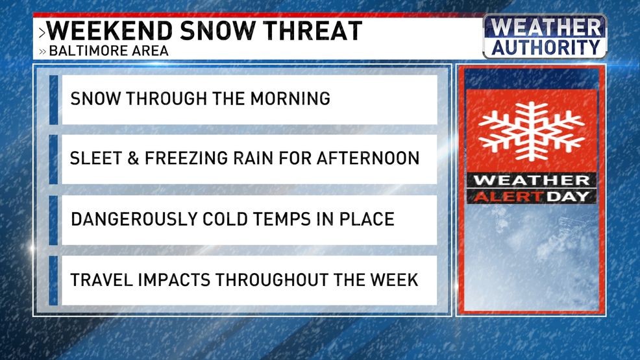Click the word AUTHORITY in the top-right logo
click(545, 47)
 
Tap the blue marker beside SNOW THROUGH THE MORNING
click(54, 99)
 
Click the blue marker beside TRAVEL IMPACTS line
click(54, 280)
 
